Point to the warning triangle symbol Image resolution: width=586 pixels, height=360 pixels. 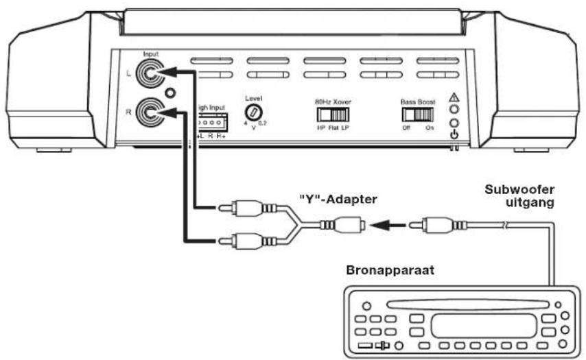[454, 98]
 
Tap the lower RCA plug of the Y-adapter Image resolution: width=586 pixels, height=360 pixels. [244, 240]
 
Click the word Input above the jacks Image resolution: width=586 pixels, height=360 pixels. [151, 53]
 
